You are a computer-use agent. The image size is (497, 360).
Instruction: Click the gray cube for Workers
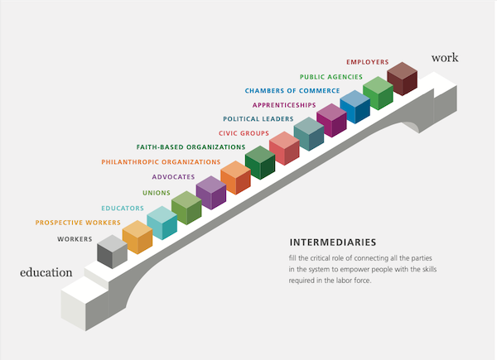112,252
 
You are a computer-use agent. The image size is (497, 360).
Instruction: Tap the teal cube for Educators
162,223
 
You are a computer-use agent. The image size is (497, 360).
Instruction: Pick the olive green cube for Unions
186,208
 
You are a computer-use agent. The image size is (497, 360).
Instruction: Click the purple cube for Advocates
210,193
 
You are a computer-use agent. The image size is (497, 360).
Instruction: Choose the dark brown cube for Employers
402,79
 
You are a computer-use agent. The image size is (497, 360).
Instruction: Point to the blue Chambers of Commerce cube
355,107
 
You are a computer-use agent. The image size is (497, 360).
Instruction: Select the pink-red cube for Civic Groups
284,148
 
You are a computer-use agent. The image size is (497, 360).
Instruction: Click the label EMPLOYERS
369,62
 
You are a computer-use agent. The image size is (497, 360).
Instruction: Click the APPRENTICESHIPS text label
284,105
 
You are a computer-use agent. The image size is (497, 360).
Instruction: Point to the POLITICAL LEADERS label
259,119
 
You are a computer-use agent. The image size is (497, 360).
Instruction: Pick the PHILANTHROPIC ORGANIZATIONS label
161,162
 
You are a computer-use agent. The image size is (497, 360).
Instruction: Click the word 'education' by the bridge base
46,272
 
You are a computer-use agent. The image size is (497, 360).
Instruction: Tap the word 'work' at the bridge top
444,57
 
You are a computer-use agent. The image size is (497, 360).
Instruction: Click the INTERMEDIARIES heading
333,243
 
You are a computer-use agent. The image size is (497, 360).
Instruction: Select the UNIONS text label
157,193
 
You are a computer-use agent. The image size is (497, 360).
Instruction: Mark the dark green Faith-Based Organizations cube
259,162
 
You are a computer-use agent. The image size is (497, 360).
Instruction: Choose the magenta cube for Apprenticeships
331,120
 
